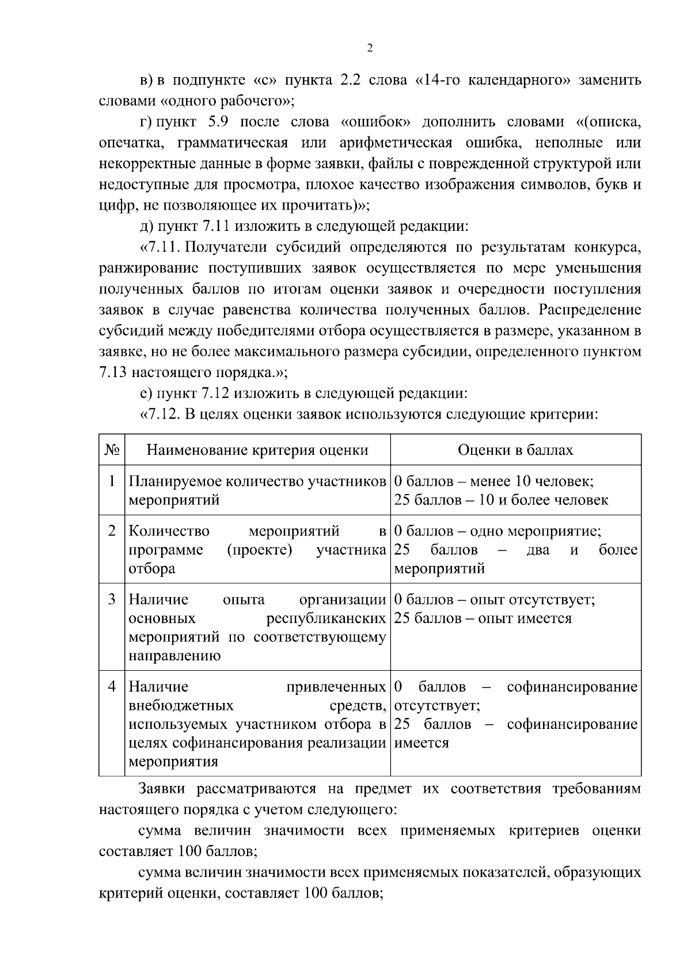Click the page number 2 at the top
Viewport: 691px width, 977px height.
coord(369,49)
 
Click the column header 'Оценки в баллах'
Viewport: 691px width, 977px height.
coord(515,450)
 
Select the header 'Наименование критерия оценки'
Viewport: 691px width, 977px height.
coord(257,450)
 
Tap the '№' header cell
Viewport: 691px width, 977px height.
coord(112,450)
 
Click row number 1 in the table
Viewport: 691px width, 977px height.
coord(112,481)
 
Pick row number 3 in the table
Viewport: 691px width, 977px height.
coord(112,599)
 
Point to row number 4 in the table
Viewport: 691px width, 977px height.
coord(112,686)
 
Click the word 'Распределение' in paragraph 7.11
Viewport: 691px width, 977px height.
coord(590,310)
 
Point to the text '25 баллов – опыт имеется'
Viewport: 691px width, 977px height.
coord(483,618)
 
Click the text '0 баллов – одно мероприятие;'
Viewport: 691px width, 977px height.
coord(498,531)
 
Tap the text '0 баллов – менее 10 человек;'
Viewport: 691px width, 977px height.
coord(494,481)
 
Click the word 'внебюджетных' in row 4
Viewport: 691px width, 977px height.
coord(181,705)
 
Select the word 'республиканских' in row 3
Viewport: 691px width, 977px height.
coord(326,618)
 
